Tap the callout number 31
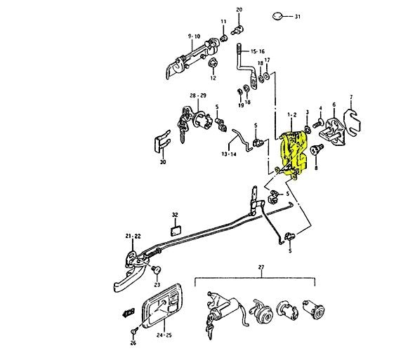pos(297,15)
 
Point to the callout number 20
pos(239,10)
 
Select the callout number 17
pos(267,60)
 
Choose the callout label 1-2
pos(294,113)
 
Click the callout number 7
pos(351,96)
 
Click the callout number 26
pos(132,344)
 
